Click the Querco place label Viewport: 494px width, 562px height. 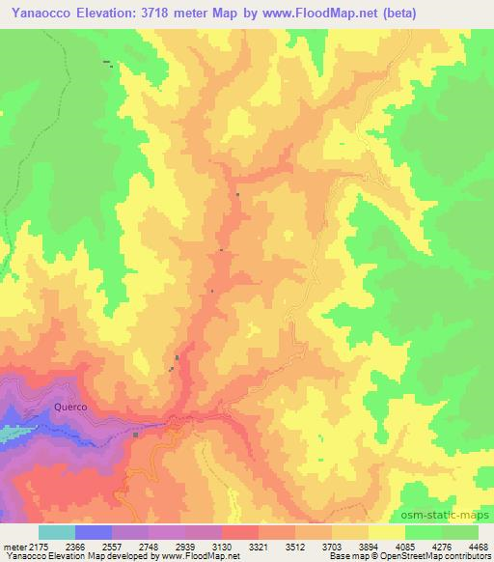(70, 407)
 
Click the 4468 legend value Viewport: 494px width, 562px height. (479, 548)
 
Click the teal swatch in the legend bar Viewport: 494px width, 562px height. (57, 532)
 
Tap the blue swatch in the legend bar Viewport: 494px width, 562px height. (94, 532)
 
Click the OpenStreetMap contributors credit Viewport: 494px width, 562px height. (434, 557)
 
